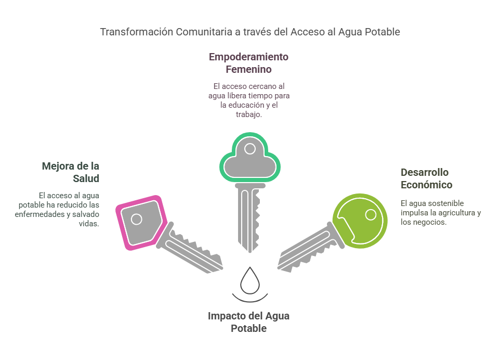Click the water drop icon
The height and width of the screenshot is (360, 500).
pyautogui.click(x=250, y=281)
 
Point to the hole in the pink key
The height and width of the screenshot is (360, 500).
pyautogui.click(x=137, y=219)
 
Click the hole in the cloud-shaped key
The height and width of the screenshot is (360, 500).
pyautogui.click(x=250, y=148)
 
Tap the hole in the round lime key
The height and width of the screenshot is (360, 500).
pyautogui.click(x=371, y=215)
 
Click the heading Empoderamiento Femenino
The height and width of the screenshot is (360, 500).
pyautogui.click(x=249, y=63)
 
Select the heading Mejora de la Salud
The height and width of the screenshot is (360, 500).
pyautogui.click(x=71, y=172)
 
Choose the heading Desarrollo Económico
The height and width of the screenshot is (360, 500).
pyautogui.click(x=426, y=178)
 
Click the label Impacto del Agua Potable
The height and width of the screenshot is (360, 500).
pyautogui.click(x=249, y=322)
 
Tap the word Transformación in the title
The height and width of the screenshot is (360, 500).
pyautogui.click(x=137, y=32)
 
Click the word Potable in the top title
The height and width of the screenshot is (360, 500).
pyautogui.click(x=383, y=32)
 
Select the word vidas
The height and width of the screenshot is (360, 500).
pyautogui.click(x=89, y=223)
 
